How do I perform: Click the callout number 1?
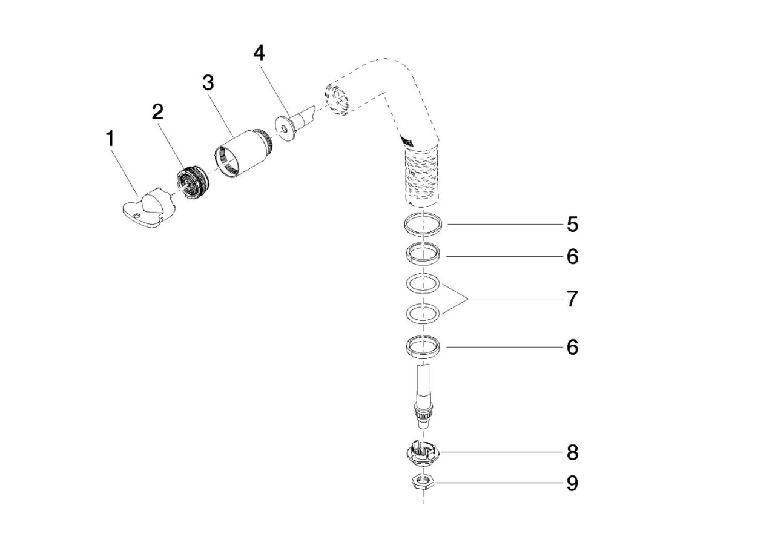(110, 139)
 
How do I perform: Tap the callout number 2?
(157, 112)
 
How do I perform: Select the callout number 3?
(208, 83)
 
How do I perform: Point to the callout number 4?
(259, 54)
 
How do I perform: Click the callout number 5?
(572, 224)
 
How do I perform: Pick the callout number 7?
(572, 299)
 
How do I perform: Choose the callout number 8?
(572, 452)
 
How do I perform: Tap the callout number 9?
(572, 483)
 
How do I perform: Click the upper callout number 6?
(572, 256)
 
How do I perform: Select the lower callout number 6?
(572, 347)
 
